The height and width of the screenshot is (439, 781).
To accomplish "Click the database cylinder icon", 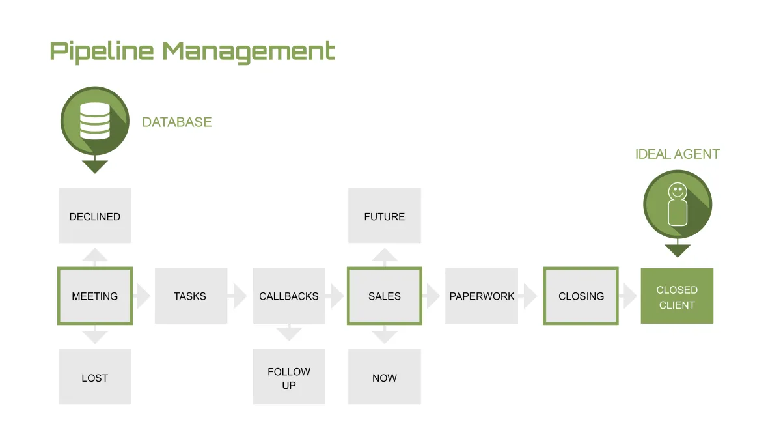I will pos(95,121).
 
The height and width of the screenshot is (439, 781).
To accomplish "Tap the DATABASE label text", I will pos(177,122).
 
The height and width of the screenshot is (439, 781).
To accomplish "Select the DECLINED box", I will pos(95,216).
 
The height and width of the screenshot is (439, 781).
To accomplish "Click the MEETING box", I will pos(95,296).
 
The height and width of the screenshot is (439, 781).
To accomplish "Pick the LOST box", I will pos(95,377).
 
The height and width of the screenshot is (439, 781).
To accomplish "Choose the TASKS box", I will pos(190,296).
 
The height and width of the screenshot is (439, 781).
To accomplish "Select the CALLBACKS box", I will pos(289,296).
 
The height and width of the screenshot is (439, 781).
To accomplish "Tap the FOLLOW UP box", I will pos(289,377).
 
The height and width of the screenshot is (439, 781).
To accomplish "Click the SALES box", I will pos(385,296).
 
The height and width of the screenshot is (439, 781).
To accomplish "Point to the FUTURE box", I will pos(385,216).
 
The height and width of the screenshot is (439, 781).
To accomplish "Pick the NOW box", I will pos(385,377).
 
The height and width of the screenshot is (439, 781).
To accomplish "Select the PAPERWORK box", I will pos(482,296).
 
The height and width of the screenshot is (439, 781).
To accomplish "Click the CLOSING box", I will pos(581,296).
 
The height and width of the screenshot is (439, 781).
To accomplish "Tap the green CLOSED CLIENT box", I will pos(677,296).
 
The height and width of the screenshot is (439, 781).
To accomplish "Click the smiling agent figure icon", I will pos(678,205).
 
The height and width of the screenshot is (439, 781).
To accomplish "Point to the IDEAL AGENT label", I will pos(678,154).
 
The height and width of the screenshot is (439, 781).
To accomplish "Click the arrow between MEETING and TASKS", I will pos(143,296).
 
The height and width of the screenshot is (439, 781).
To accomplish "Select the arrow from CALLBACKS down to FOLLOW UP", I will pos(289,333).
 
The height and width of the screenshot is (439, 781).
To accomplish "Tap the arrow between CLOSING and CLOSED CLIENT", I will pos(629,296).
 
